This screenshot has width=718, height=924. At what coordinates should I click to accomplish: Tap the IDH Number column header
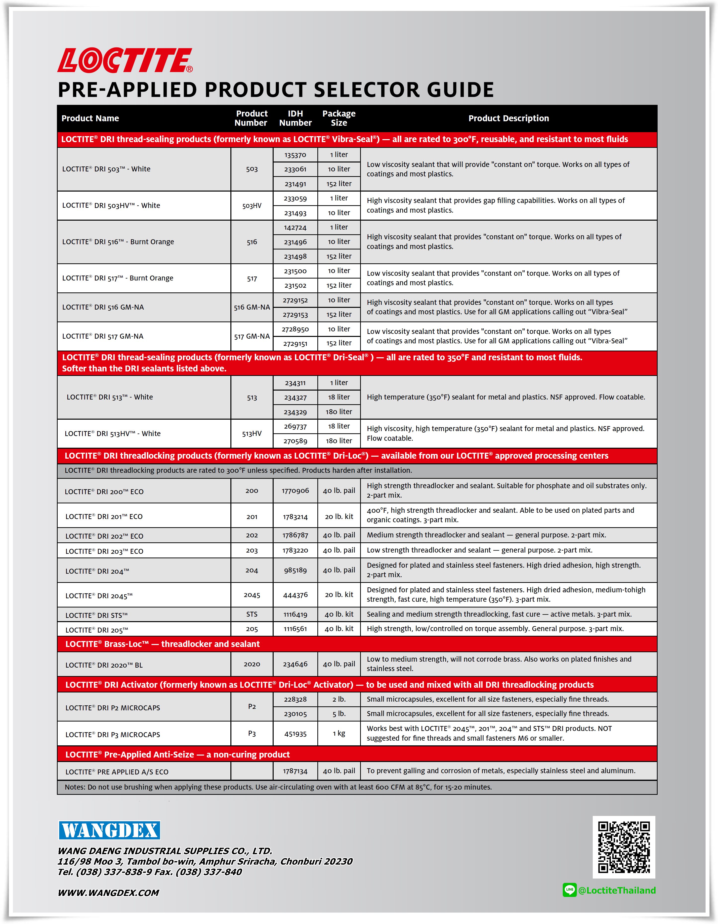pyautogui.click(x=295, y=118)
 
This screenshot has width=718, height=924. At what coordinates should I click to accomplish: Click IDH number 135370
pyautogui.click(x=295, y=155)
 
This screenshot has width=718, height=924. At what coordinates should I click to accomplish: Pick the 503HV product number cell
pyautogui.click(x=252, y=206)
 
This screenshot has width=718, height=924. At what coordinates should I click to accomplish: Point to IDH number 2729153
pyautogui.click(x=295, y=314)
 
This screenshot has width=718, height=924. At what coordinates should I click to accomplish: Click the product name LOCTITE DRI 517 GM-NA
pyautogui.click(x=103, y=336)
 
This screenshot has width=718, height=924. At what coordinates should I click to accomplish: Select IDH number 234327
pyautogui.click(x=295, y=397)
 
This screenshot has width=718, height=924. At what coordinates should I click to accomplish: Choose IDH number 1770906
pyautogui.click(x=295, y=491)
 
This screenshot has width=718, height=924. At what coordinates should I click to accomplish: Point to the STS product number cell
pyautogui.click(x=252, y=614)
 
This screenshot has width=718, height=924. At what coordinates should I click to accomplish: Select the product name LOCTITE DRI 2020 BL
pyautogui.click(x=104, y=665)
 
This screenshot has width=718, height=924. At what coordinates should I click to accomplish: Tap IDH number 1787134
pyautogui.click(x=295, y=771)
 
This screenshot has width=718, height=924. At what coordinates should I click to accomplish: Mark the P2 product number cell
pyautogui.click(x=252, y=707)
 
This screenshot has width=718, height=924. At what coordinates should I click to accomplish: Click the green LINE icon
pyautogui.click(x=569, y=890)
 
